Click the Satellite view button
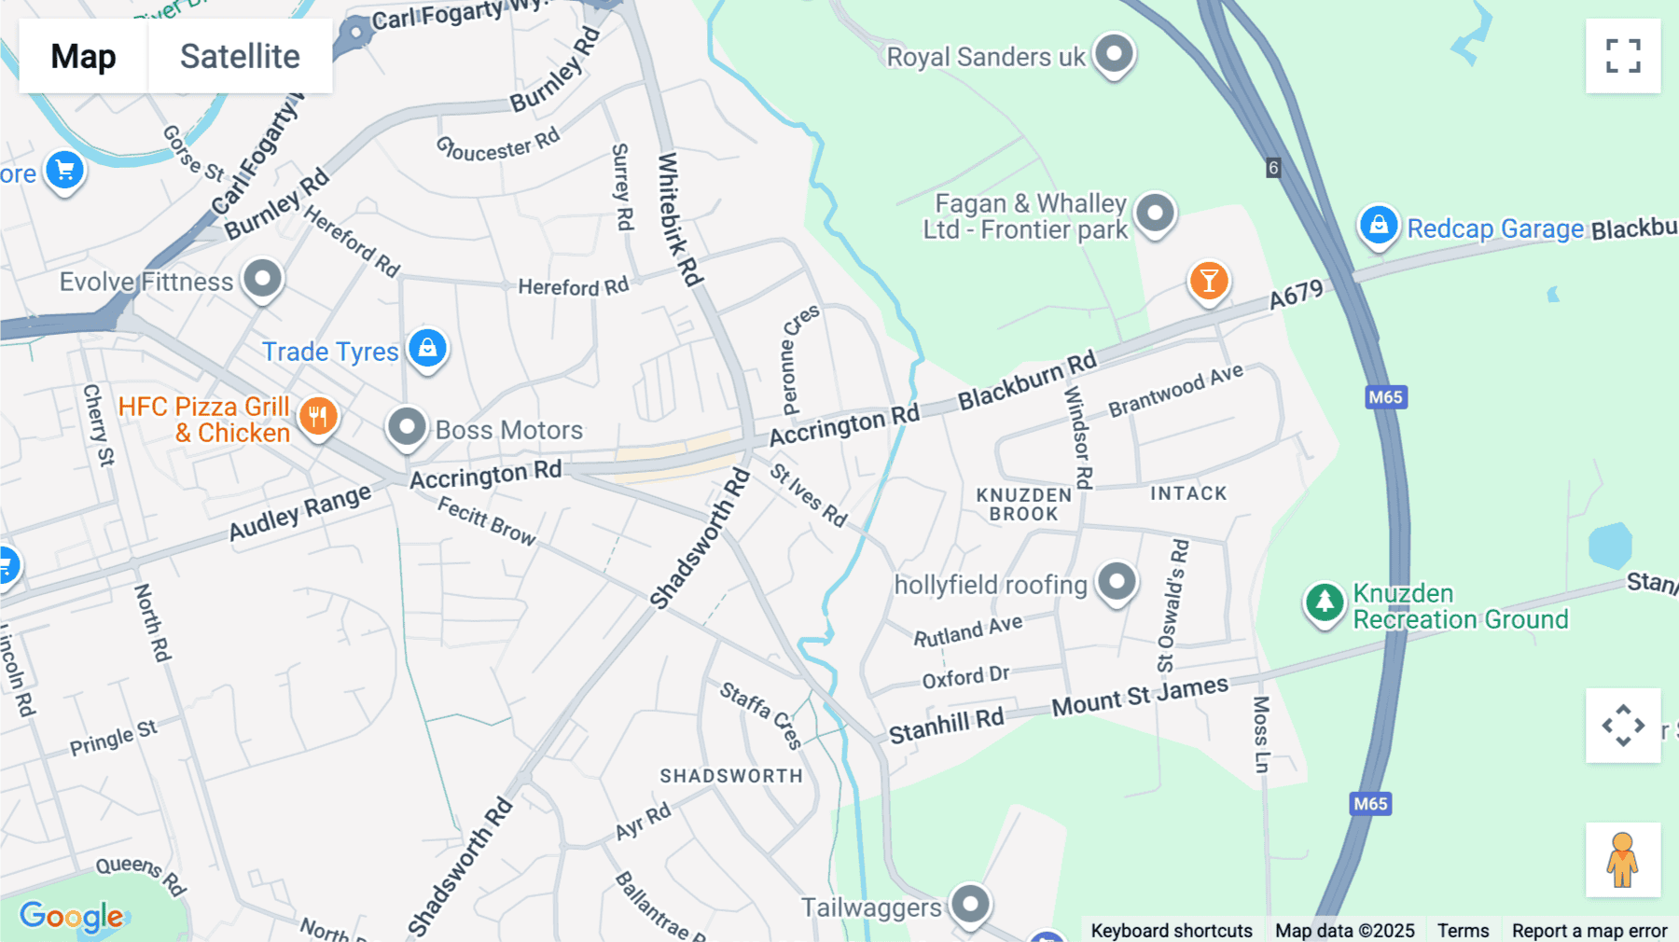click(x=240, y=56)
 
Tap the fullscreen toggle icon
click(x=1623, y=56)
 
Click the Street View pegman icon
click(x=1623, y=859)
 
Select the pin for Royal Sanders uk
click(x=1114, y=53)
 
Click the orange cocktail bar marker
click(x=1209, y=280)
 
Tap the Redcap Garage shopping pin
click(x=1379, y=225)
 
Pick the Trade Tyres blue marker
click(x=427, y=349)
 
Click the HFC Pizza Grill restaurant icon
click(x=318, y=416)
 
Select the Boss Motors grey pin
click(x=407, y=427)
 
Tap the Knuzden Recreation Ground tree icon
click(x=1325, y=602)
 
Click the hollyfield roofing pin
click(x=1117, y=582)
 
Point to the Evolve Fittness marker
click(x=262, y=278)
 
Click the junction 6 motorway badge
click(x=1273, y=168)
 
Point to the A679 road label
click(x=1297, y=295)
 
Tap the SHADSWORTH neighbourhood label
click(x=731, y=776)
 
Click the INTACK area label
click(x=1188, y=493)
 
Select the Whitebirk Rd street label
click(x=679, y=219)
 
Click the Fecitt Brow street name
click(x=487, y=520)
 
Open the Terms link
click(x=1463, y=930)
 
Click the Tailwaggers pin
click(x=971, y=903)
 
